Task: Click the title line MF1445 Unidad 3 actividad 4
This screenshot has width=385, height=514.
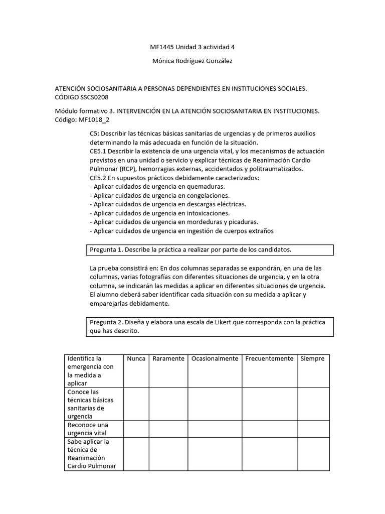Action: [x=192, y=47]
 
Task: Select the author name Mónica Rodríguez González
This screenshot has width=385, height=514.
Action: [x=192, y=61]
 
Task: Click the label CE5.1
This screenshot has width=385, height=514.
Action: [x=99, y=151]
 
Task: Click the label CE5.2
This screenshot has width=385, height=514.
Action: [x=99, y=178]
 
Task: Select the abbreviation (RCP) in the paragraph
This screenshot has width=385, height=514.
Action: [x=130, y=169]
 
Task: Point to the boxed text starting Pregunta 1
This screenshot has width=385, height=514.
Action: [x=190, y=249]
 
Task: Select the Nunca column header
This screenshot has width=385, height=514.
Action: [x=136, y=359]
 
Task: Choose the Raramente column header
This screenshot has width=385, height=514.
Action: [x=168, y=359]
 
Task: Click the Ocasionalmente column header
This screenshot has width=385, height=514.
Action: [x=215, y=359]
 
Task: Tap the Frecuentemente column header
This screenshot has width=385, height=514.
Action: [x=269, y=359]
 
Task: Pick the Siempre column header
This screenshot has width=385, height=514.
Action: [x=313, y=359]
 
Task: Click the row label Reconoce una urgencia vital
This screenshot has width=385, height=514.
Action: [x=88, y=429]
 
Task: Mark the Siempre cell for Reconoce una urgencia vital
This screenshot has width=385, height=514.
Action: [x=313, y=429]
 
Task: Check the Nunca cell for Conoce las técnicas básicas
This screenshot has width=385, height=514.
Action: [x=136, y=404]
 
